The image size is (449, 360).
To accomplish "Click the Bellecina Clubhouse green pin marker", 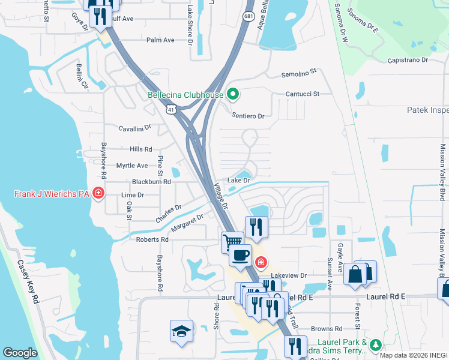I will (x=234, y=95).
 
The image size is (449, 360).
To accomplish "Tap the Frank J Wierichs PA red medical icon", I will (x=98, y=194).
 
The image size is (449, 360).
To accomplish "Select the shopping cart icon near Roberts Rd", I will (x=232, y=242).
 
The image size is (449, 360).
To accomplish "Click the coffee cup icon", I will (x=240, y=255).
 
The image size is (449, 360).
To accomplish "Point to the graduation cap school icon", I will (x=181, y=332).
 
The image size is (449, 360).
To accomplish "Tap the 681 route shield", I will (x=249, y=16).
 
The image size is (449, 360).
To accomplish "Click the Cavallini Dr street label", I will (x=134, y=128).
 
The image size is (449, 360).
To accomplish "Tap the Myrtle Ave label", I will (x=131, y=166).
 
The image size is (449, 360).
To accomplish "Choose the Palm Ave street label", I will (x=160, y=40).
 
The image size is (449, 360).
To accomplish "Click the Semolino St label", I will (x=299, y=73).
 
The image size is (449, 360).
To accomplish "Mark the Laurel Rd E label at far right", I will (x=387, y=296).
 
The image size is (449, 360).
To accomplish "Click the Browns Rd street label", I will (x=327, y=329).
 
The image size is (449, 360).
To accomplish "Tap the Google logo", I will (x=20, y=353).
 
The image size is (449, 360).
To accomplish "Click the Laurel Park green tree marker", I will (x=375, y=344).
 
